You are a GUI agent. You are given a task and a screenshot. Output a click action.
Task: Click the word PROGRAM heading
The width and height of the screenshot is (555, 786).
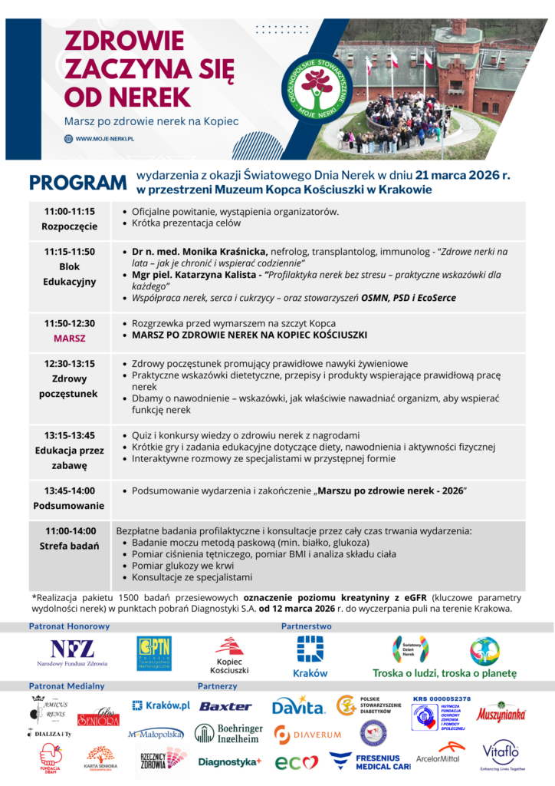(x=77, y=183)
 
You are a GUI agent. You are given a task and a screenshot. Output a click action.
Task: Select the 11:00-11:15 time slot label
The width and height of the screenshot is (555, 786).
(x=70, y=211)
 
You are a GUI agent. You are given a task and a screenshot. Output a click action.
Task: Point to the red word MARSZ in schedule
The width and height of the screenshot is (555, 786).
(x=70, y=338)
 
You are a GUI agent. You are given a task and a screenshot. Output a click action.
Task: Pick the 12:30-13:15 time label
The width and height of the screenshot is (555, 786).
(x=70, y=364)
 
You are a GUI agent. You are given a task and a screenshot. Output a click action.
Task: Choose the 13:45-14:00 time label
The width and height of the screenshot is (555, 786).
(x=70, y=490)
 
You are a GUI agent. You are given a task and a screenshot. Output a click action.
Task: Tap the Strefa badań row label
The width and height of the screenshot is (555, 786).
(x=70, y=547)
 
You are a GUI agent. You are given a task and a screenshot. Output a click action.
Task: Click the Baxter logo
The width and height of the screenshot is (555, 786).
(x=225, y=706)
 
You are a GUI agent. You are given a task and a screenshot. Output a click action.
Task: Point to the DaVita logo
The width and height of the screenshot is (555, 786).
(x=298, y=706)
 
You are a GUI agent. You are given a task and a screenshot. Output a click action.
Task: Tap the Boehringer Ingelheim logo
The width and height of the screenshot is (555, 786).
(x=228, y=734)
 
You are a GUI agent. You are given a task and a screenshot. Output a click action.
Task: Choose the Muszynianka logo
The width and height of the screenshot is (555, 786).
(x=501, y=714)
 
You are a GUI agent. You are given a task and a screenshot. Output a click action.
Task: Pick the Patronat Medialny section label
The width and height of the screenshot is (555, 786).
(x=67, y=685)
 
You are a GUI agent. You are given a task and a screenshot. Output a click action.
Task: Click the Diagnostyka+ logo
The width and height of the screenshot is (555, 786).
(x=229, y=761)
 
